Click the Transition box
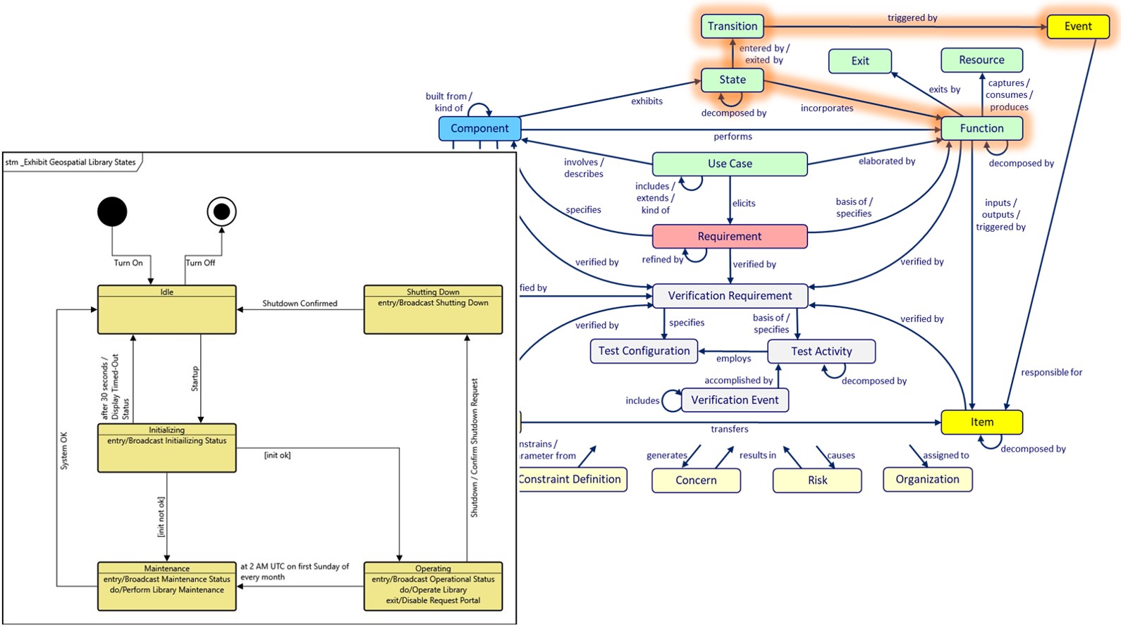(x=733, y=27)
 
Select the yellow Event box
(x=1078, y=27)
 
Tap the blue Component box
(x=479, y=128)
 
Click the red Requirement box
(x=730, y=237)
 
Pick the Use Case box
(x=730, y=163)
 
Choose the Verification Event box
(x=735, y=400)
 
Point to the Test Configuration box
(x=644, y=351)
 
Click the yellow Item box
(x=981, y=422)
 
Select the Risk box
(x=817, y=480)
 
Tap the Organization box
(x=927, y=479)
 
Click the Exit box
(x=860, y=61)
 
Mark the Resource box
(x=981, y=61)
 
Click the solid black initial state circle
(x=112, y=211)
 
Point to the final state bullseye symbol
(x=221, y=211)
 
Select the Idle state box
(x=166, y=310)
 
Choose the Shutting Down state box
(x=433, y=310)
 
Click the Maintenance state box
(x=166, y=586)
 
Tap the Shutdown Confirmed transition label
(x=300, y=304)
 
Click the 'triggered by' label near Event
(x=912, y=18)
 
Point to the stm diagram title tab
(x=71, y=162)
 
